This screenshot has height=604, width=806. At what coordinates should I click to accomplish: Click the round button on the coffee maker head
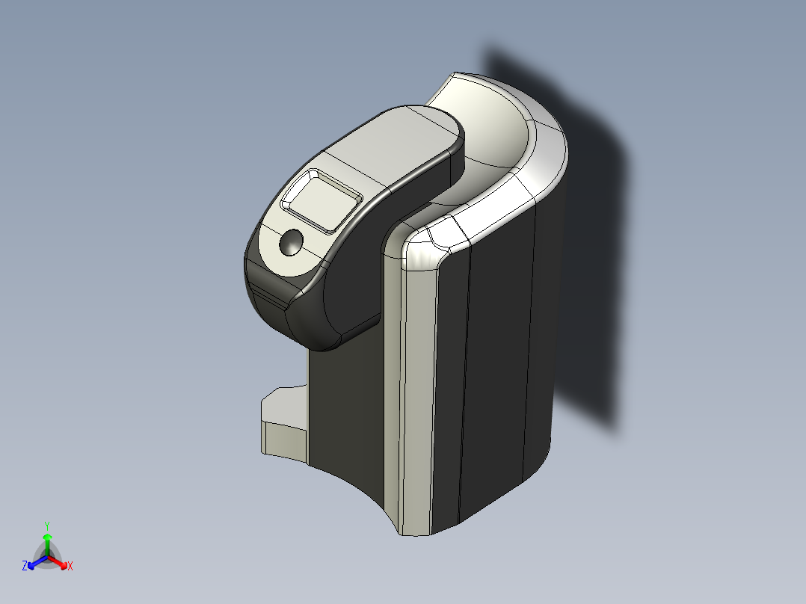[292, 242]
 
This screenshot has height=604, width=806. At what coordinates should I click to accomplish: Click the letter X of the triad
[70, 567]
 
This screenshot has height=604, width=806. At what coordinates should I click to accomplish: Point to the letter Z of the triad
[25, 567]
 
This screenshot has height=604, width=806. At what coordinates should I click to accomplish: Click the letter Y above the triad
[47, 525]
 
